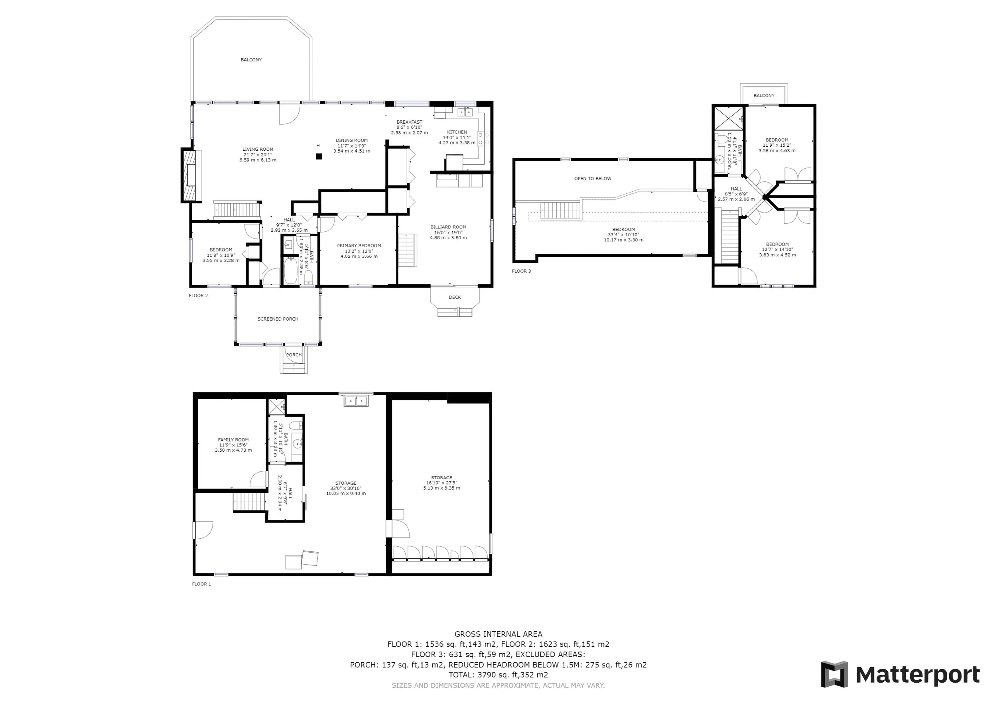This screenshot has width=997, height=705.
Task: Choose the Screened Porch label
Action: click(278, 319)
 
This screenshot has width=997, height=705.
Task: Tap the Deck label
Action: click(455, 297)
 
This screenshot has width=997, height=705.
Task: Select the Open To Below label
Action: click(593, 178)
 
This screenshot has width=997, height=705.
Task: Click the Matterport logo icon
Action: click(834, 674)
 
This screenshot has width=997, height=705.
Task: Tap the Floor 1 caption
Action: click(201, 584)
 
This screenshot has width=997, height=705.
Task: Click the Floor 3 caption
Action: click(522, 271)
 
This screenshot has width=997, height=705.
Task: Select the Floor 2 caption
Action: click(199, 295)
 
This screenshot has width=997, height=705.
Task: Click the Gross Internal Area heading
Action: click(498, 634)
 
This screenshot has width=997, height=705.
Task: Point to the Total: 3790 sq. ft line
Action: click(498, 675)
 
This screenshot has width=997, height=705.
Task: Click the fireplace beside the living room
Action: click(191, 175)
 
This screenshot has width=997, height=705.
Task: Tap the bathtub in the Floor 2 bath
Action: click(291, 271)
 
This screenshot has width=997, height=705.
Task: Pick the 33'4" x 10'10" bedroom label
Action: click(624, 234)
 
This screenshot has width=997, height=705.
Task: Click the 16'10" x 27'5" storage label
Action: click(441, 483)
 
